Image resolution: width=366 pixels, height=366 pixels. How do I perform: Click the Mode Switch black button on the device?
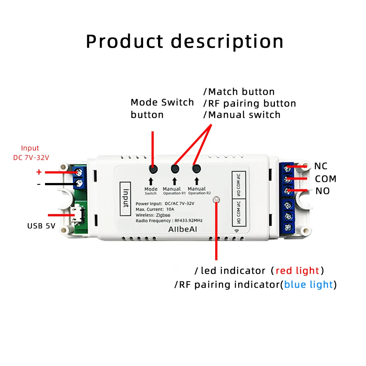coord(153,169)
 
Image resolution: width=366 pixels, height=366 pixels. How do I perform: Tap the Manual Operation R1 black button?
coord(175,169)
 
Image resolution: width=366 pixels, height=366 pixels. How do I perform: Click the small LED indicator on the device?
coord(216,199)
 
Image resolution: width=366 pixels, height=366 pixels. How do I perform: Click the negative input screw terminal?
coord(78,183)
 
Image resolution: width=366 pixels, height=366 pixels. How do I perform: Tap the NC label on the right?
coord(321,167)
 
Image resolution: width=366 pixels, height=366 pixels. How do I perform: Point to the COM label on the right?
coord(325,179)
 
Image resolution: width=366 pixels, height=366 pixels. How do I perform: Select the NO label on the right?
coord(322,191)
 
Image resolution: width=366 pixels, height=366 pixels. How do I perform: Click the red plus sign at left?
coord(39,172)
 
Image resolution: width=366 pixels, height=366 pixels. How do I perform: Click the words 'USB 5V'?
coord(41,226)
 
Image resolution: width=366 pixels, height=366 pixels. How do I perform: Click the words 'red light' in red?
coord(297,271)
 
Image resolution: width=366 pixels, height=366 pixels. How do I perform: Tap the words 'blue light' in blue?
coord(309,285)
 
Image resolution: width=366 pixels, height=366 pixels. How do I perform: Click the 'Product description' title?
coord(184,41)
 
